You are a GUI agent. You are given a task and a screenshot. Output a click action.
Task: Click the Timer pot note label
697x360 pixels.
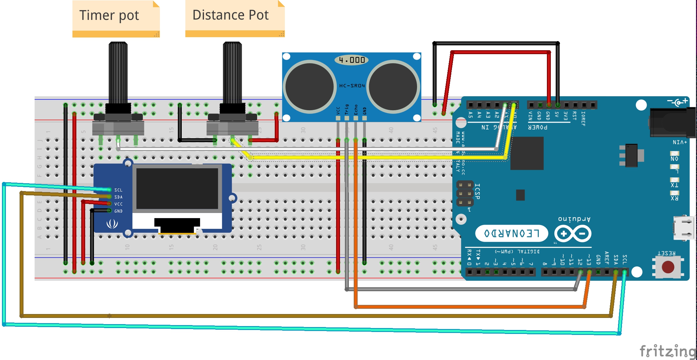[109, 16]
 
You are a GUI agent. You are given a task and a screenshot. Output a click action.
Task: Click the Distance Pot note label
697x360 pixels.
[230, 15]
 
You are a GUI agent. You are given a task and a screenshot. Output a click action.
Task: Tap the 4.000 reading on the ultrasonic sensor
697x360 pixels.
[351, 60]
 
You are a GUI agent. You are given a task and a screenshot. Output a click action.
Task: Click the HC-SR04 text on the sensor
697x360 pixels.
[352, 86]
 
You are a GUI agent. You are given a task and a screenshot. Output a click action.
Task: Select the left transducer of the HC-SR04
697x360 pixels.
[309, 87]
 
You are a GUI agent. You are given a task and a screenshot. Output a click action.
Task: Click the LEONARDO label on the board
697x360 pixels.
[511, 233]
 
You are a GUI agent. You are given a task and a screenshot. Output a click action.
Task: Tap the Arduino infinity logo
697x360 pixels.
[573, 233]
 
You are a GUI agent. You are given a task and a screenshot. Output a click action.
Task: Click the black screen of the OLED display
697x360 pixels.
[177, 188]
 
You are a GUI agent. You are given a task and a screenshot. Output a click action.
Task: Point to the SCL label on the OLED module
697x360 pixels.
[118, 190]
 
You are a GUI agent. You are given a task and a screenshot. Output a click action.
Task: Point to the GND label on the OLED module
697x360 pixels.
[118, 211]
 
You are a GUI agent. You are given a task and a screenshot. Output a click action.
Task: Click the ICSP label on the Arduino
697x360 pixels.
[477, 191]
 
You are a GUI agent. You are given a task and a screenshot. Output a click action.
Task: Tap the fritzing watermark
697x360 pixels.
[667, 352]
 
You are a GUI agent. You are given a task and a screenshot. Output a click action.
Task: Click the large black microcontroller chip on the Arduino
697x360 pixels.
[527, 153]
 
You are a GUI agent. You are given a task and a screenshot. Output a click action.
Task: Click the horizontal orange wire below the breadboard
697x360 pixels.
[470, 307]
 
